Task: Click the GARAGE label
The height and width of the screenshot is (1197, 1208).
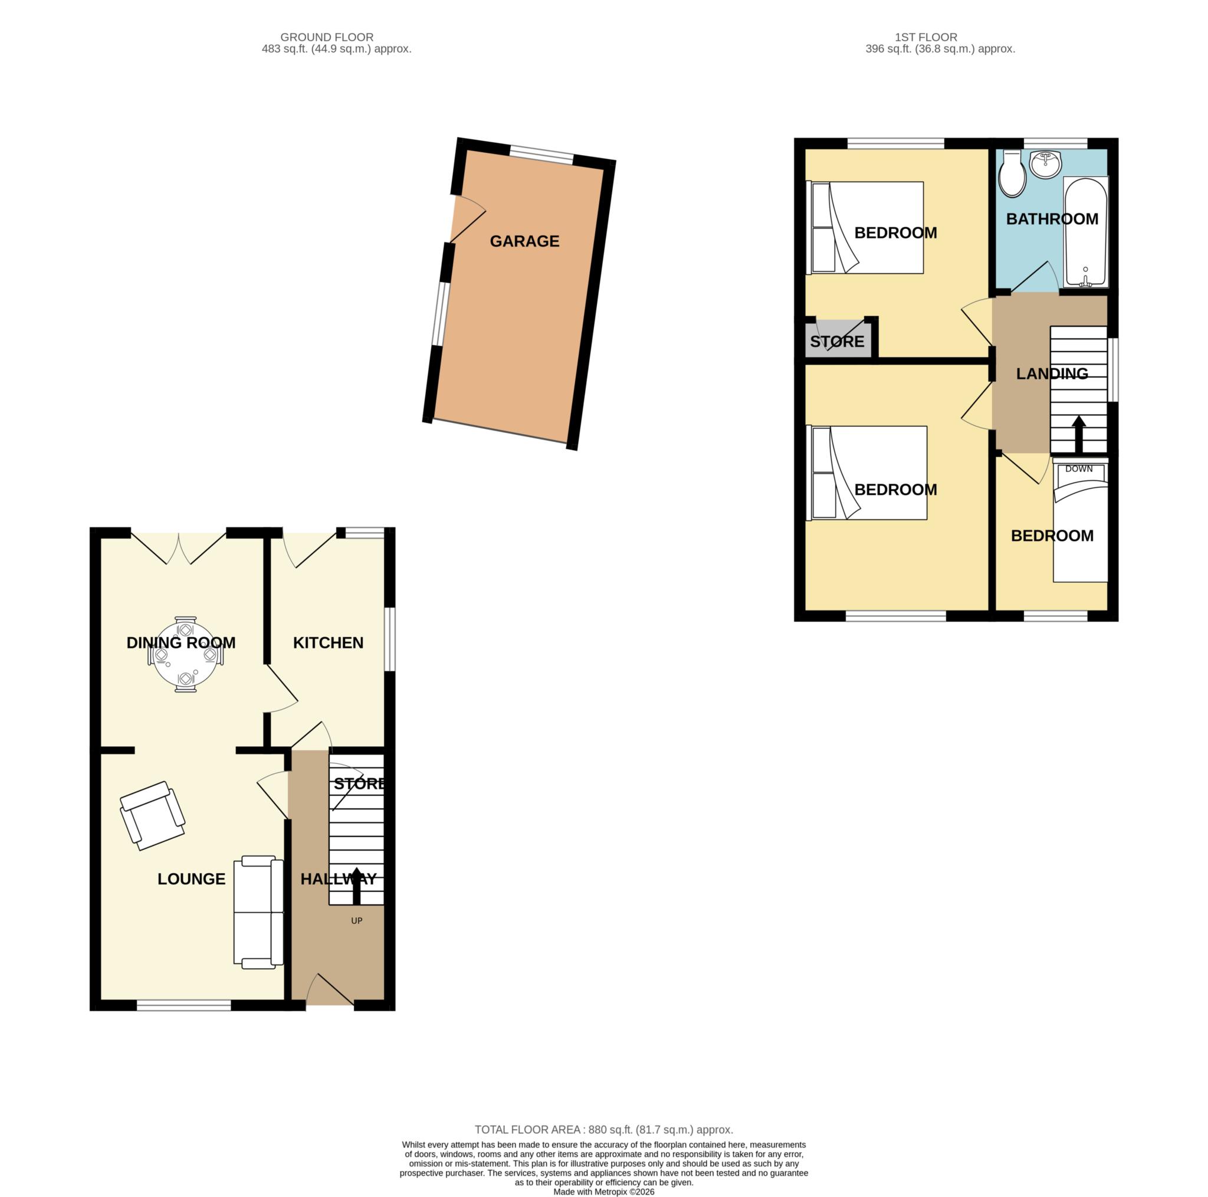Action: [524, 241]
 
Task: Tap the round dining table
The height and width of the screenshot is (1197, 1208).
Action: [186, 654]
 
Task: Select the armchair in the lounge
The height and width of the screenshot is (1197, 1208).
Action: [153, 815]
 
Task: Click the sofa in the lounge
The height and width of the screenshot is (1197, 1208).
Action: [258, 913]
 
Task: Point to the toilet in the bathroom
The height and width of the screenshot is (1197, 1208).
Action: [1012, 173]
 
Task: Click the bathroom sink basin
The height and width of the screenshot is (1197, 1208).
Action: [1045, 164]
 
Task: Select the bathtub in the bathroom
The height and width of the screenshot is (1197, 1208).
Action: [1086, 232]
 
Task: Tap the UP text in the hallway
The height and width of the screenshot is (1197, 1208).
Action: [356, 920]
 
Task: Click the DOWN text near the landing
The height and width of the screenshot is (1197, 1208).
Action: [1079, 469]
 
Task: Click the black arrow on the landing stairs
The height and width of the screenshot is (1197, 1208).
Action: [1079, 435]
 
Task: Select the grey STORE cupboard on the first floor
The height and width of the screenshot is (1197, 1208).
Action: [838, 340]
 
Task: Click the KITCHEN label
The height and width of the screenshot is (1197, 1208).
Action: [329, 643]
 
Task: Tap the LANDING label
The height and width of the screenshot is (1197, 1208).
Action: [1052, 374]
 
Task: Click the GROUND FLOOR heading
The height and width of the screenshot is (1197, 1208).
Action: [327, 38]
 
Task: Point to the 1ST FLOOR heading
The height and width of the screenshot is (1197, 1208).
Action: [926, 38]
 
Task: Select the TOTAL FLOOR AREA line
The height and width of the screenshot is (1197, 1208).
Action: [603, 1130]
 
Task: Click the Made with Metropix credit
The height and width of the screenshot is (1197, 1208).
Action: [603, 1192]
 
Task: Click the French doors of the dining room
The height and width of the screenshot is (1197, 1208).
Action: [179, 548]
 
